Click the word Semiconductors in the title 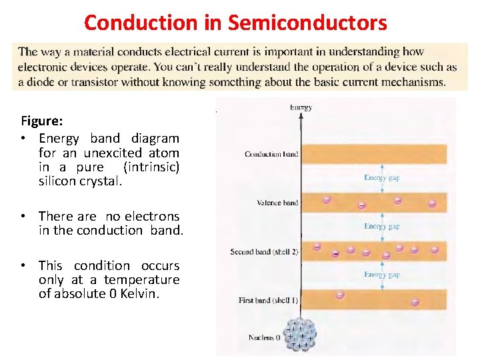point(307,23)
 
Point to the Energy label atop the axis point(301,107)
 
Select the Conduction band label point(271,154)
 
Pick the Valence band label point(277,203)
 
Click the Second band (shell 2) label point(264,252)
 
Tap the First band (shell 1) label point(268,301)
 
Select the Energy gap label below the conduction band point(382,177)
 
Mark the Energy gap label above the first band point(382,275)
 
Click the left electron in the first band point(340,295)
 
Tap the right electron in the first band point(415,302)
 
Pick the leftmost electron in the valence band point(327,199)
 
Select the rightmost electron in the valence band point(432,204)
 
